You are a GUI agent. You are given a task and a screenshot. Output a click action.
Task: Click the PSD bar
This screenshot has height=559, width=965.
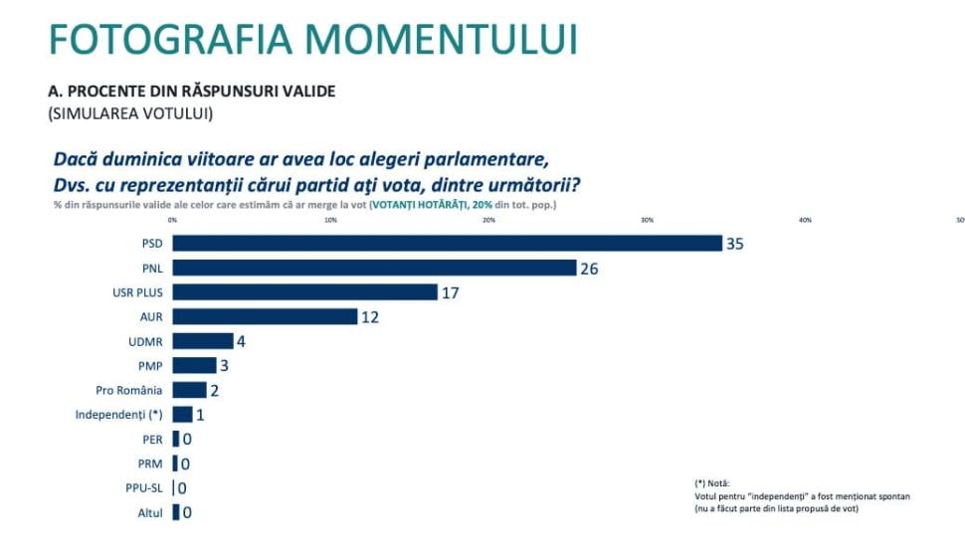(x=447, y=244)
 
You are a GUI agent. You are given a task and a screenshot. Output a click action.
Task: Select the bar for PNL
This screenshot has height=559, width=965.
(x=374, y=268)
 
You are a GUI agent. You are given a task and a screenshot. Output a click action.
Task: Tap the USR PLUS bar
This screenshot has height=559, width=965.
(x=304, y=292)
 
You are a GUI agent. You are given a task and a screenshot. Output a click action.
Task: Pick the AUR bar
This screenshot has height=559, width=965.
(x=265, y=316)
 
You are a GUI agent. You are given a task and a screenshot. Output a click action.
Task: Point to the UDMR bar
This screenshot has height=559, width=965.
(x=202, y=341)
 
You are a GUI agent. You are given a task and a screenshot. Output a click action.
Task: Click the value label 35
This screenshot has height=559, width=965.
(x=735, y=244)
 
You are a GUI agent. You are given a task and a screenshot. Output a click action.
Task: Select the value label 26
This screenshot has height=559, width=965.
(x=589, y=269)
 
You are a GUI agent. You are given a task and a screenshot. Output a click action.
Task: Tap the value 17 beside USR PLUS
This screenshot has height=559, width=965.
(x=450, y=292)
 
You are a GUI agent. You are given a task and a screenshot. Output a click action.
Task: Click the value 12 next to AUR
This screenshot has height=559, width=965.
(x=370, y=317)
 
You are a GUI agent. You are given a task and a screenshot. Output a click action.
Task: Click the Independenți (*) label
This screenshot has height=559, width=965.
(x=119, y=415)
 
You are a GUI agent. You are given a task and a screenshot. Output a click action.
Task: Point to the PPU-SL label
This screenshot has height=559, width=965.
(x=143, y=488)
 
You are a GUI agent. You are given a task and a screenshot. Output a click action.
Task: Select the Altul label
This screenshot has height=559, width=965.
(x=150, y=513)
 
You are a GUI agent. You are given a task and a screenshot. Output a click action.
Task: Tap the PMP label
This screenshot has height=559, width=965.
(x=151, y=366)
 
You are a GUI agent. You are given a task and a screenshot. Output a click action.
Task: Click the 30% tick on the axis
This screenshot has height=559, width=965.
(x=647, y=220)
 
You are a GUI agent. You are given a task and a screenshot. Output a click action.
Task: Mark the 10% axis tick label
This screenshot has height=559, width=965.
(x=330, y=220)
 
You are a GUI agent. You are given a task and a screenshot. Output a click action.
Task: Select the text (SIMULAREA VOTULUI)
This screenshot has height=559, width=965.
(x=130, y=113)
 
